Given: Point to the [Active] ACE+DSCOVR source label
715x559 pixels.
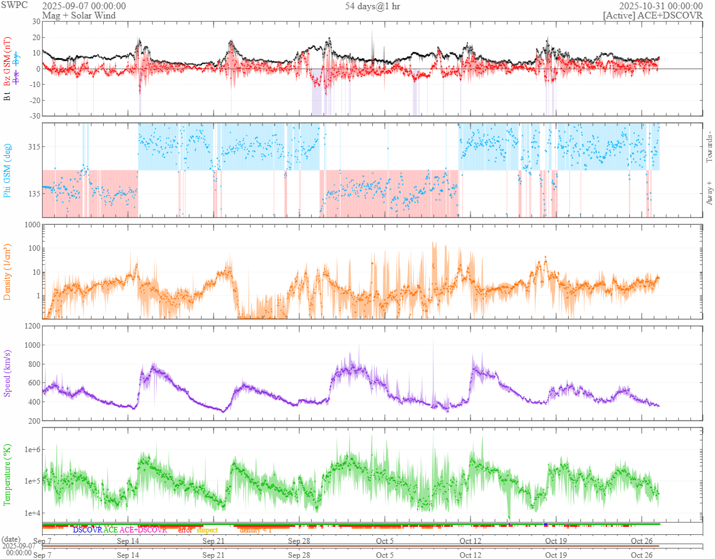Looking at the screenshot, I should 653,15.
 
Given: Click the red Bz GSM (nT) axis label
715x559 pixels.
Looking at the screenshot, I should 8,61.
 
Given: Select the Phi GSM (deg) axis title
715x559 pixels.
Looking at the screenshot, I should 8,170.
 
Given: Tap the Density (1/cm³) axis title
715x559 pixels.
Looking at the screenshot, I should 8,271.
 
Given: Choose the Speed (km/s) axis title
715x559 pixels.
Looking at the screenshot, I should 8,373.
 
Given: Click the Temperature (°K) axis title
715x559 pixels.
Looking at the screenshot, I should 8,474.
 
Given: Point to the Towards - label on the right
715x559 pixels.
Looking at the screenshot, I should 709,147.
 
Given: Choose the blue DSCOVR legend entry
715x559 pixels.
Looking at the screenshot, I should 87,530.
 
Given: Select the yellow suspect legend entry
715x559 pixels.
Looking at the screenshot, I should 207,530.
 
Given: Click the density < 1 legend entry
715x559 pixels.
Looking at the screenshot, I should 255,530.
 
